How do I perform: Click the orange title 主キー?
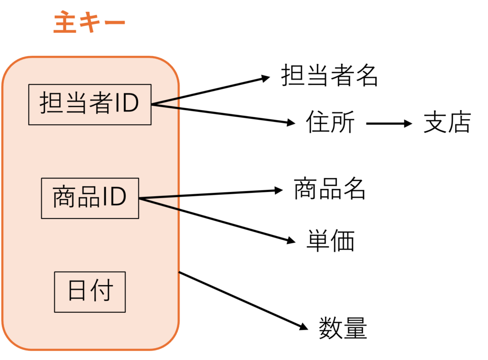point(89,23)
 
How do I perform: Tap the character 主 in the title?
point(65,23)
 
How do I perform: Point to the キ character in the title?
point(89,23)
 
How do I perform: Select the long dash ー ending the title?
point(113,23)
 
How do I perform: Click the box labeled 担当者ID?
point(90,104)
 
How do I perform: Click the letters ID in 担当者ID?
point(125,104)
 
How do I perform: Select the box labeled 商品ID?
point(90,198)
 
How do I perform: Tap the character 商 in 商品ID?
point(63,198)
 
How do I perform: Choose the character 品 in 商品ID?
point(88,198)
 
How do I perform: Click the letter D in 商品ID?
point(117,198)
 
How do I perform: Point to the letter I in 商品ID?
point(105,198)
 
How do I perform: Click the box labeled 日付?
point(90,292)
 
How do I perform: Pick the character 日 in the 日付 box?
point(78,291)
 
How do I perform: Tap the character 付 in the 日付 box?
point(102,291)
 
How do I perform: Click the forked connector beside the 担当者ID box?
point(165,103)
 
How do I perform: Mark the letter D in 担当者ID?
point(129,104)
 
